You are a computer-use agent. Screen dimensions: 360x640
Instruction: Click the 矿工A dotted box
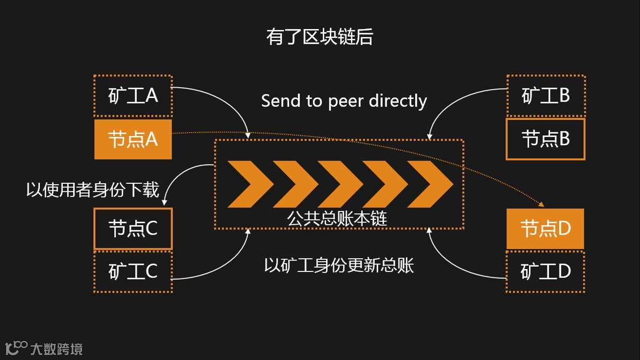[133, 96]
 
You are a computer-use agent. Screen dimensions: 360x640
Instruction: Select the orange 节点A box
[133, 139]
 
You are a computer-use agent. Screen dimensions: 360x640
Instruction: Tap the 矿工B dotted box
[546, 96]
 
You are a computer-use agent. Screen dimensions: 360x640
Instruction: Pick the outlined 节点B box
[545, 139]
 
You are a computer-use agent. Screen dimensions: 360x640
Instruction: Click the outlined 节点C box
[133, 229]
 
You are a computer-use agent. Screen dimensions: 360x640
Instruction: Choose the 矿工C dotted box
[133, 272]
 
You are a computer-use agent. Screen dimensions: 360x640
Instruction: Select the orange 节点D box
[545, 229]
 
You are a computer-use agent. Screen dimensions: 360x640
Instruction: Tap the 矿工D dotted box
[545, 272]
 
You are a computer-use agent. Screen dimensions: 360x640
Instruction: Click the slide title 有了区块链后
[320, 37]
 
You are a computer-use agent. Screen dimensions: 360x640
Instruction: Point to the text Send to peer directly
[344, 101]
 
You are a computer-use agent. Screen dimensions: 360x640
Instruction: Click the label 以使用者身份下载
[93, 190]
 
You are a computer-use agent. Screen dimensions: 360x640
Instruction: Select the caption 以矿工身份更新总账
[339, 265]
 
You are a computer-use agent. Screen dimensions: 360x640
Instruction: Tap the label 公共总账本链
[337, 218]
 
